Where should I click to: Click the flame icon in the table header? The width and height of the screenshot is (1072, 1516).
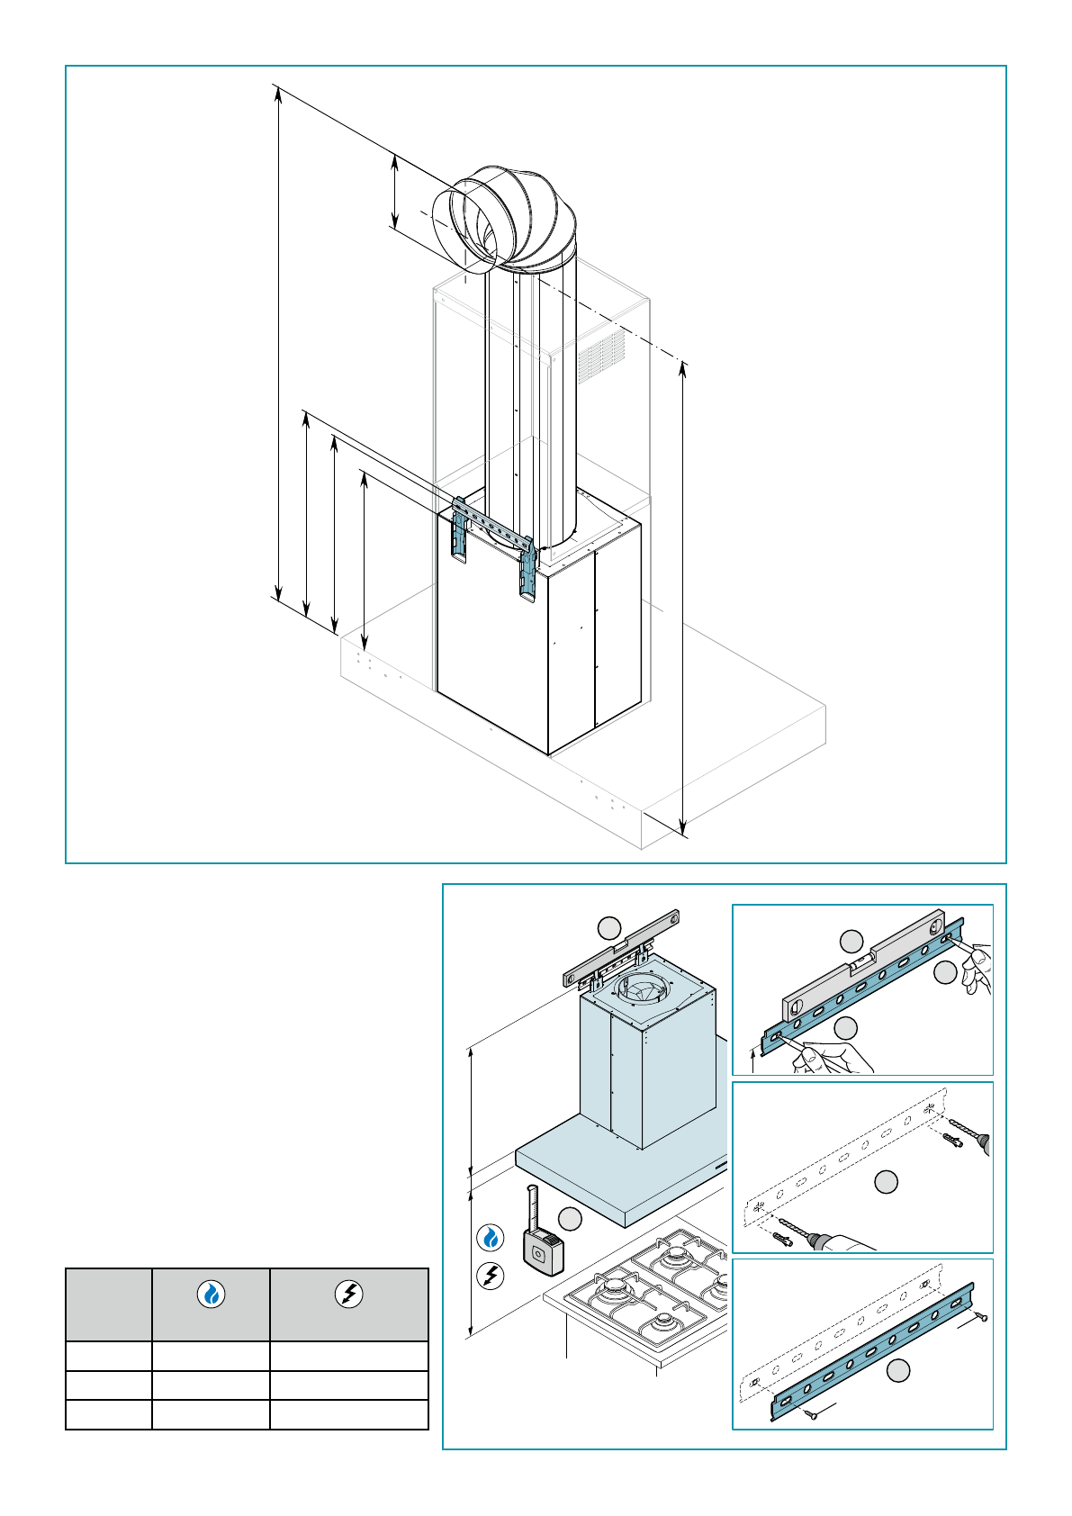(211, 1295)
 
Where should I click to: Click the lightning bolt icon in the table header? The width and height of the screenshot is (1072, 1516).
(348, 1295)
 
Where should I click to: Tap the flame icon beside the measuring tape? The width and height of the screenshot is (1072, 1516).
(491, 1238)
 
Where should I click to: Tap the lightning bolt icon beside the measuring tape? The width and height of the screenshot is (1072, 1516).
(491, 1276)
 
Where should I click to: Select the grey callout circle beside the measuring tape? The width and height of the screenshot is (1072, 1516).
(570, 1219)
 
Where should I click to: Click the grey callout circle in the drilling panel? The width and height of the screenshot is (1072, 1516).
(887, 1182)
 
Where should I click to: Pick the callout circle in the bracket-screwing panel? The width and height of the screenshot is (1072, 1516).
(897, 1371)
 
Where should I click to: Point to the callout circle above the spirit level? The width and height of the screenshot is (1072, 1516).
(851, 942)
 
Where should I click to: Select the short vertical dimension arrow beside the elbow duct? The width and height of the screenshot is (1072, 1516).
(395, 192)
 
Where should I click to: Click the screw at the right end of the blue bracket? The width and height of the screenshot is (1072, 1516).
(982, 1317)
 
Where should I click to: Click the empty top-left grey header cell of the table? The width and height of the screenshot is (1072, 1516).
(108, 1304)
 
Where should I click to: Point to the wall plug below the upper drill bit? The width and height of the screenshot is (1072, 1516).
(953, 1142)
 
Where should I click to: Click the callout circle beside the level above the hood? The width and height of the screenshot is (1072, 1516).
(609, 926)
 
